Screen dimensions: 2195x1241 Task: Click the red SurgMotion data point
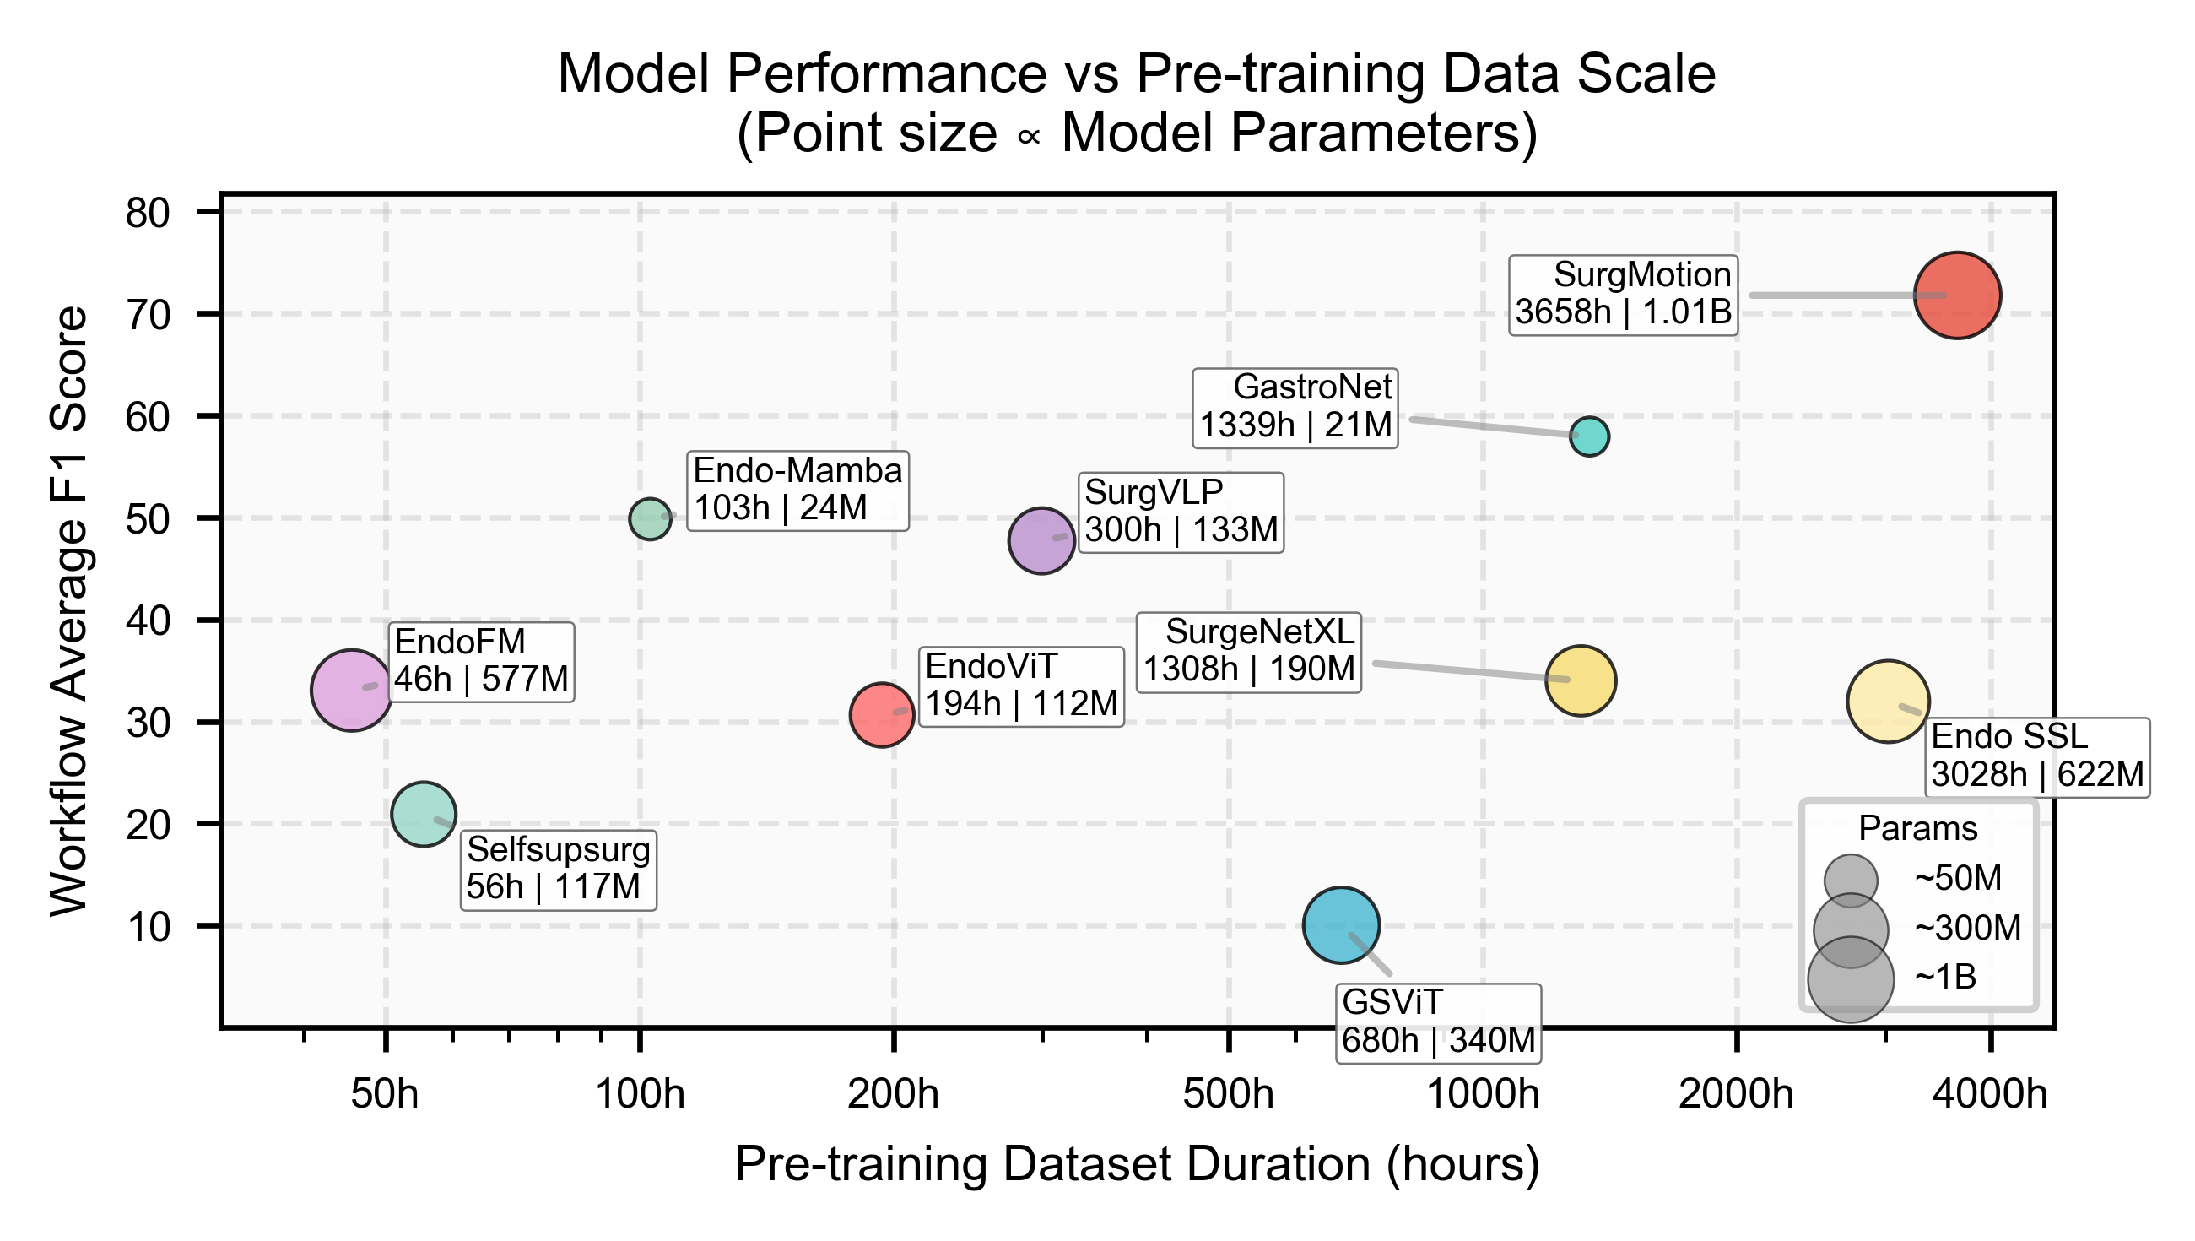[x=1957, y=295]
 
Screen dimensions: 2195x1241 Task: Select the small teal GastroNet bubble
[x=1589, y=436]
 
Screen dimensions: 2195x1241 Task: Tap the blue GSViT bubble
[x=1341, y=924]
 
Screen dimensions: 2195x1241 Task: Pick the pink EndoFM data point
[x=352, y=690]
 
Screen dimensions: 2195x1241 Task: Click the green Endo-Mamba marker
[x=650, y=518]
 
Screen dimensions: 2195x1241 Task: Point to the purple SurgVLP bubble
[x=1041, y=540]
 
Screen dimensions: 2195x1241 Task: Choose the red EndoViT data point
[x=882, y=715]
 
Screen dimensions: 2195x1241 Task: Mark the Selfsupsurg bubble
[x=424, y=814]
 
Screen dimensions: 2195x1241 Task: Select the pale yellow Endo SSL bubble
[x=1889, y=702]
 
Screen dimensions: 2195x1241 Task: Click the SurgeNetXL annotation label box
[x=1249, y=651]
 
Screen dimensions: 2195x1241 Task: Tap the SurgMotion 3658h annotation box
[x=1624, y=295]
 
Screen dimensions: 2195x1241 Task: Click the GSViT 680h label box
[x=1438, y=1024]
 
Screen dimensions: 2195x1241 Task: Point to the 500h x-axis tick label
[x=1228, y=1093]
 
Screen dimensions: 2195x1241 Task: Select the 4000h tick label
[x=1990, y=1093]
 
